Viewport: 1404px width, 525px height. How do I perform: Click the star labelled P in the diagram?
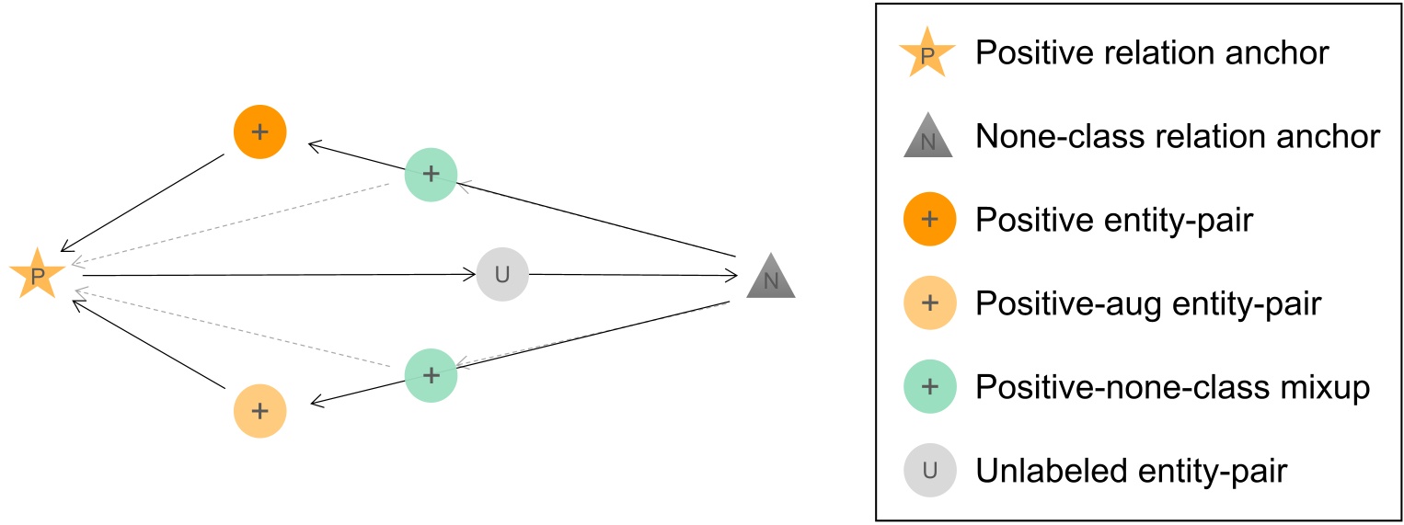[x=37, y=274]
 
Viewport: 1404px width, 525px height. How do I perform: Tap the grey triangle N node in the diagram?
[x=771, y=279]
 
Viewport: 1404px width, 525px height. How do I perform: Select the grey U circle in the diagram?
[x=502, y=274]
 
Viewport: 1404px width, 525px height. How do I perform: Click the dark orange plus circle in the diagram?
[x=260, y=131]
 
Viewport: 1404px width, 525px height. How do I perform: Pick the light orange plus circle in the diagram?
[x=260, y=410]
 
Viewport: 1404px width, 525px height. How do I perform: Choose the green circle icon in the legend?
[x=929, y=387]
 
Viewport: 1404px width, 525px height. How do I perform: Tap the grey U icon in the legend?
[x=929, y=471]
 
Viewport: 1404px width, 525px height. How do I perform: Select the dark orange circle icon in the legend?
[x=929, y=221]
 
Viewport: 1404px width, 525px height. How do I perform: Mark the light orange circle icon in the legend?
[x=929, y=303]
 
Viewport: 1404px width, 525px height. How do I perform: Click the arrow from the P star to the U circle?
[x=276, y=274]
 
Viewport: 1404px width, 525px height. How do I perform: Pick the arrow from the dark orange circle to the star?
[x=143, y=202]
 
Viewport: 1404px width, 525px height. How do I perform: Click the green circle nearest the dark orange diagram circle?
[x=431, y=173]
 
